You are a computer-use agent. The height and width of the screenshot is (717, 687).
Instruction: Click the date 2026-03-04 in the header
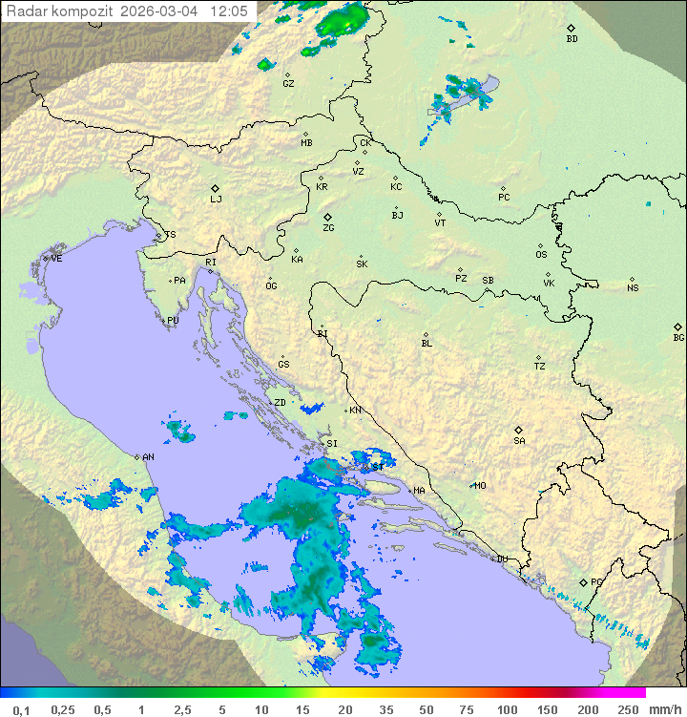[x=159, y=11]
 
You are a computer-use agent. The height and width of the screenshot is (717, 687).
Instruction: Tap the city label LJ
[x=216, y=200]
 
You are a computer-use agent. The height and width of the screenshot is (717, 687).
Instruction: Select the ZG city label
[x=328, y=228]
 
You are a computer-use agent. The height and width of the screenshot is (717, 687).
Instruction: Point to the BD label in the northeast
[x=572, y=39]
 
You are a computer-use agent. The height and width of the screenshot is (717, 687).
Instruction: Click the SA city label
[x=519, y=441]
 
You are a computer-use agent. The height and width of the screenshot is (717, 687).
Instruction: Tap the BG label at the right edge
[x=678, y=337]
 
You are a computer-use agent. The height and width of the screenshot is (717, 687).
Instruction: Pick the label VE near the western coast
[x=56, y=259]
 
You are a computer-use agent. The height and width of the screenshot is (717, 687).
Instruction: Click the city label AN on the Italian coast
[x=148, y=457]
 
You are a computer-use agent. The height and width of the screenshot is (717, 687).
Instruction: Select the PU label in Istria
[x=173, y=321]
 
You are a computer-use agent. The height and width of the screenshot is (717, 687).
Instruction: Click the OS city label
[x=541, y=255]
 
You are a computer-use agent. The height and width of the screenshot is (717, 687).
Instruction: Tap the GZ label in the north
[x=288, y=84]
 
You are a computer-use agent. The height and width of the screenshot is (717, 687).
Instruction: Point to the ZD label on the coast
[x=280, y=403]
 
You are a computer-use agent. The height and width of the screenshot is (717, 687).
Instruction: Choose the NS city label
[x=633, y=288]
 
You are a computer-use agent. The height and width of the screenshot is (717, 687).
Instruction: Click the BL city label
[x=427, y=344]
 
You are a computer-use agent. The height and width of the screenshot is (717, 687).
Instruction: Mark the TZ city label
[x=540, y=367]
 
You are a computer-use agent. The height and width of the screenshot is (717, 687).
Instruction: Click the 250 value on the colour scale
[x=627, y=709]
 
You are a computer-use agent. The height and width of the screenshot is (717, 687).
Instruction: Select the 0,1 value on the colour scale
[x=21, y=709]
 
